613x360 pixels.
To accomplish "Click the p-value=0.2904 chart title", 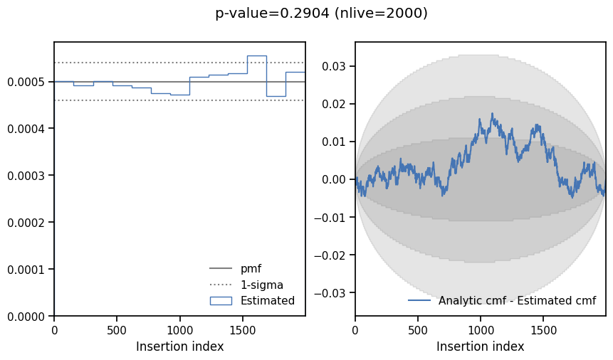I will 321,14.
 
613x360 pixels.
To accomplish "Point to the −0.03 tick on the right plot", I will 332,293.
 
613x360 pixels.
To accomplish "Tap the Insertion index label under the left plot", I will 179,346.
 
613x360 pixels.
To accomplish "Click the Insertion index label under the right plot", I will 481,346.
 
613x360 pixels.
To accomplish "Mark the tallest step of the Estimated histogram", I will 256,55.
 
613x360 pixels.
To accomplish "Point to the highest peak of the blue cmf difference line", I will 491,113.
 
